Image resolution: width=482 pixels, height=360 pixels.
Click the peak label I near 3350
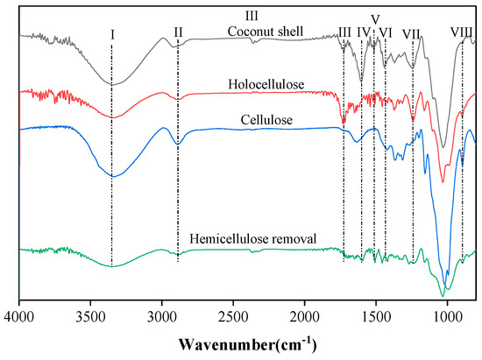pos(112,33)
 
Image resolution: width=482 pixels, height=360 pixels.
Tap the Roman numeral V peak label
pos(375,18)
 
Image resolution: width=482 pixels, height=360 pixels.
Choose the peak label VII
pos(412,33)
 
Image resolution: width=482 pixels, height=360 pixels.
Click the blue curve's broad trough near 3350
pos(112,176)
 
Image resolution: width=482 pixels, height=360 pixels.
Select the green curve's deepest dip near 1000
pos(445,289)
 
